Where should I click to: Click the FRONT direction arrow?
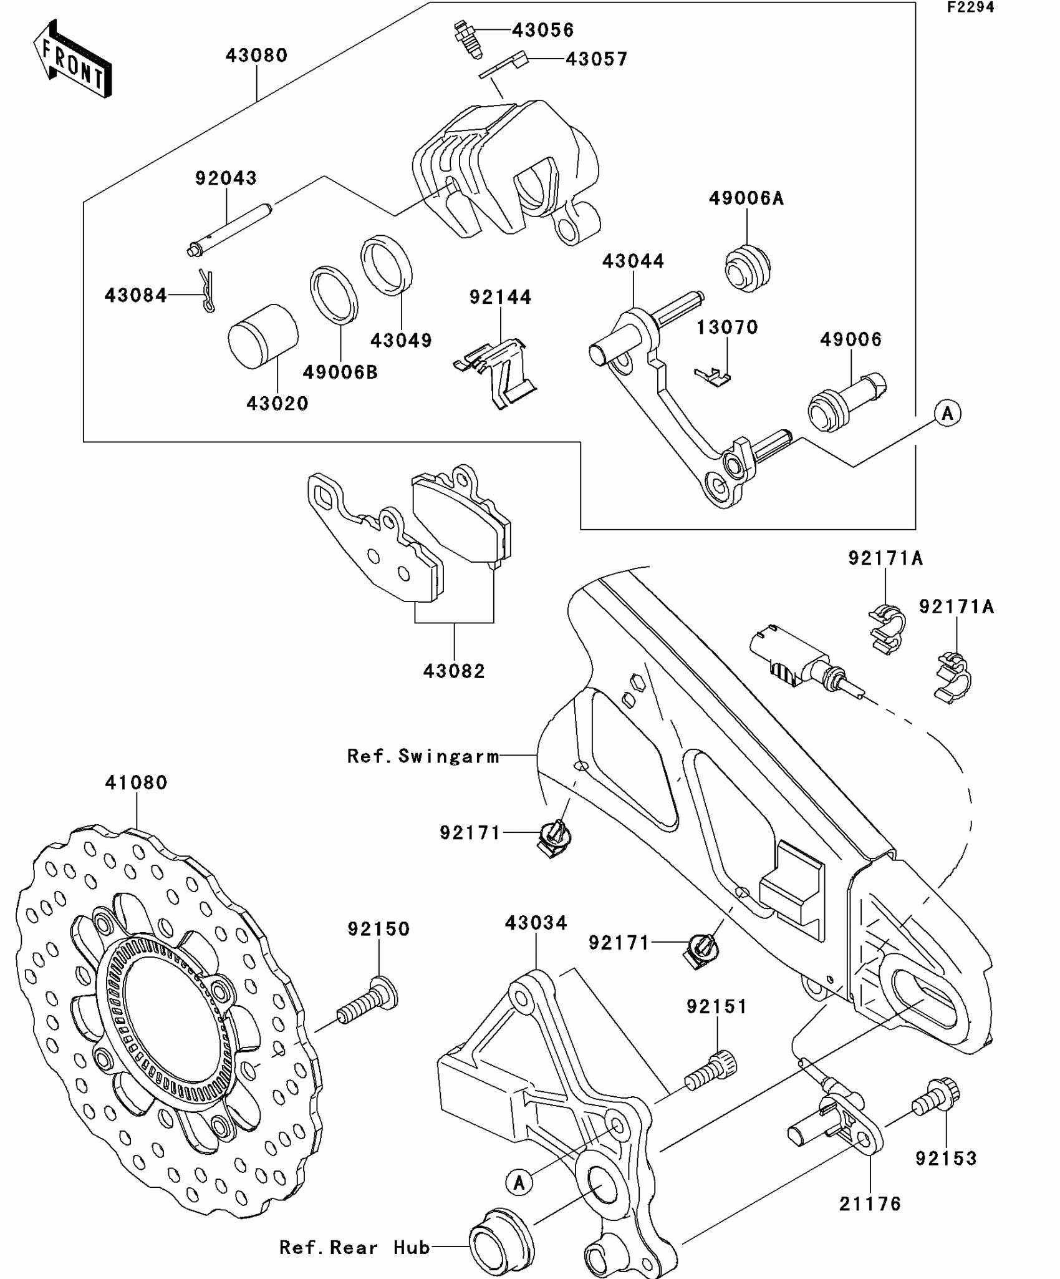[72, 59]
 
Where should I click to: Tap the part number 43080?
[256, 56]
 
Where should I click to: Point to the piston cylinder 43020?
[263, 336]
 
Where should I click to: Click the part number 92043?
[226, 178]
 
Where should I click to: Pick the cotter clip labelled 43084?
[207, 290]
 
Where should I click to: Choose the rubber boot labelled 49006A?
[747, 268]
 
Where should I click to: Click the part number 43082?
[454, 671]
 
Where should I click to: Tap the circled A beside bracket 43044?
[948, 413]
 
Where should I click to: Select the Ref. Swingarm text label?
[423, 756]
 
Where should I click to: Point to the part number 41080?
[136, 782]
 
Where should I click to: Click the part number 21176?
[870, 1204]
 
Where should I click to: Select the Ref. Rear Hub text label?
[354, 1247]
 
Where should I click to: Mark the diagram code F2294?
[971, 7]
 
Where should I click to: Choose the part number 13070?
[727, 327]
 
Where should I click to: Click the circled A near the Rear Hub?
[519, 1182]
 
